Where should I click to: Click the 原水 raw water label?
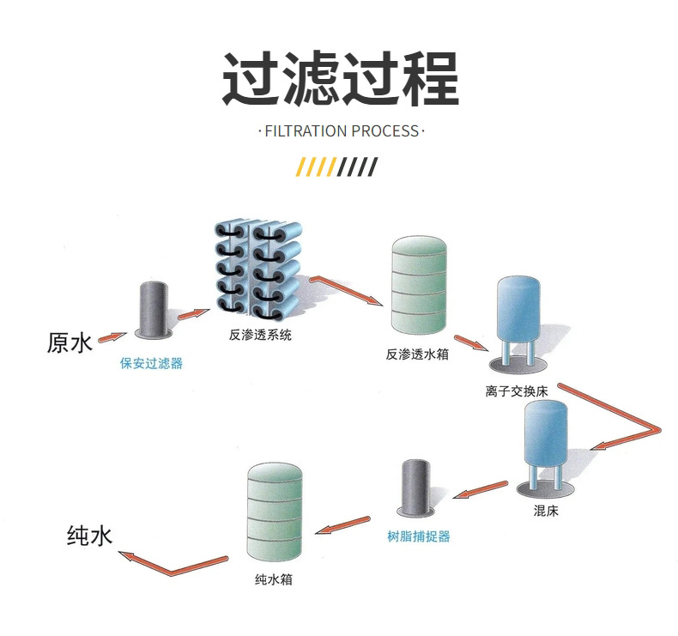click(70, 342)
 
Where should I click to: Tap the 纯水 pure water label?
click(89, 536)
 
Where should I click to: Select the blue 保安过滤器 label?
click(151, 363)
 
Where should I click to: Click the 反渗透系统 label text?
click(260, 335)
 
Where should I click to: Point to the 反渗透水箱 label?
click(417, 354)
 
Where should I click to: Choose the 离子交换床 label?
click(517, 391)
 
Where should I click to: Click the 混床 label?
click(546, 511)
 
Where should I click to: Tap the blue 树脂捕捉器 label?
click(419, 536)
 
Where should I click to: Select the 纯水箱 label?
click(274, 579)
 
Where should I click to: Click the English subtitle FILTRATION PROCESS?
click(342, 130)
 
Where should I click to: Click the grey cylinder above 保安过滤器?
click(154, 309)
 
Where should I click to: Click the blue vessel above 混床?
click(546, 447)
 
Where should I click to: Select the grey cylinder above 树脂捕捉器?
click(416, 488)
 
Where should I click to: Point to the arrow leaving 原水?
click(112, 336)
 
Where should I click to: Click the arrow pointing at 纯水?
click(173, 563)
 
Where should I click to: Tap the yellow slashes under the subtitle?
click(317, 167)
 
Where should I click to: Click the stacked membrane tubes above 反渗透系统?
click(258, 271)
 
